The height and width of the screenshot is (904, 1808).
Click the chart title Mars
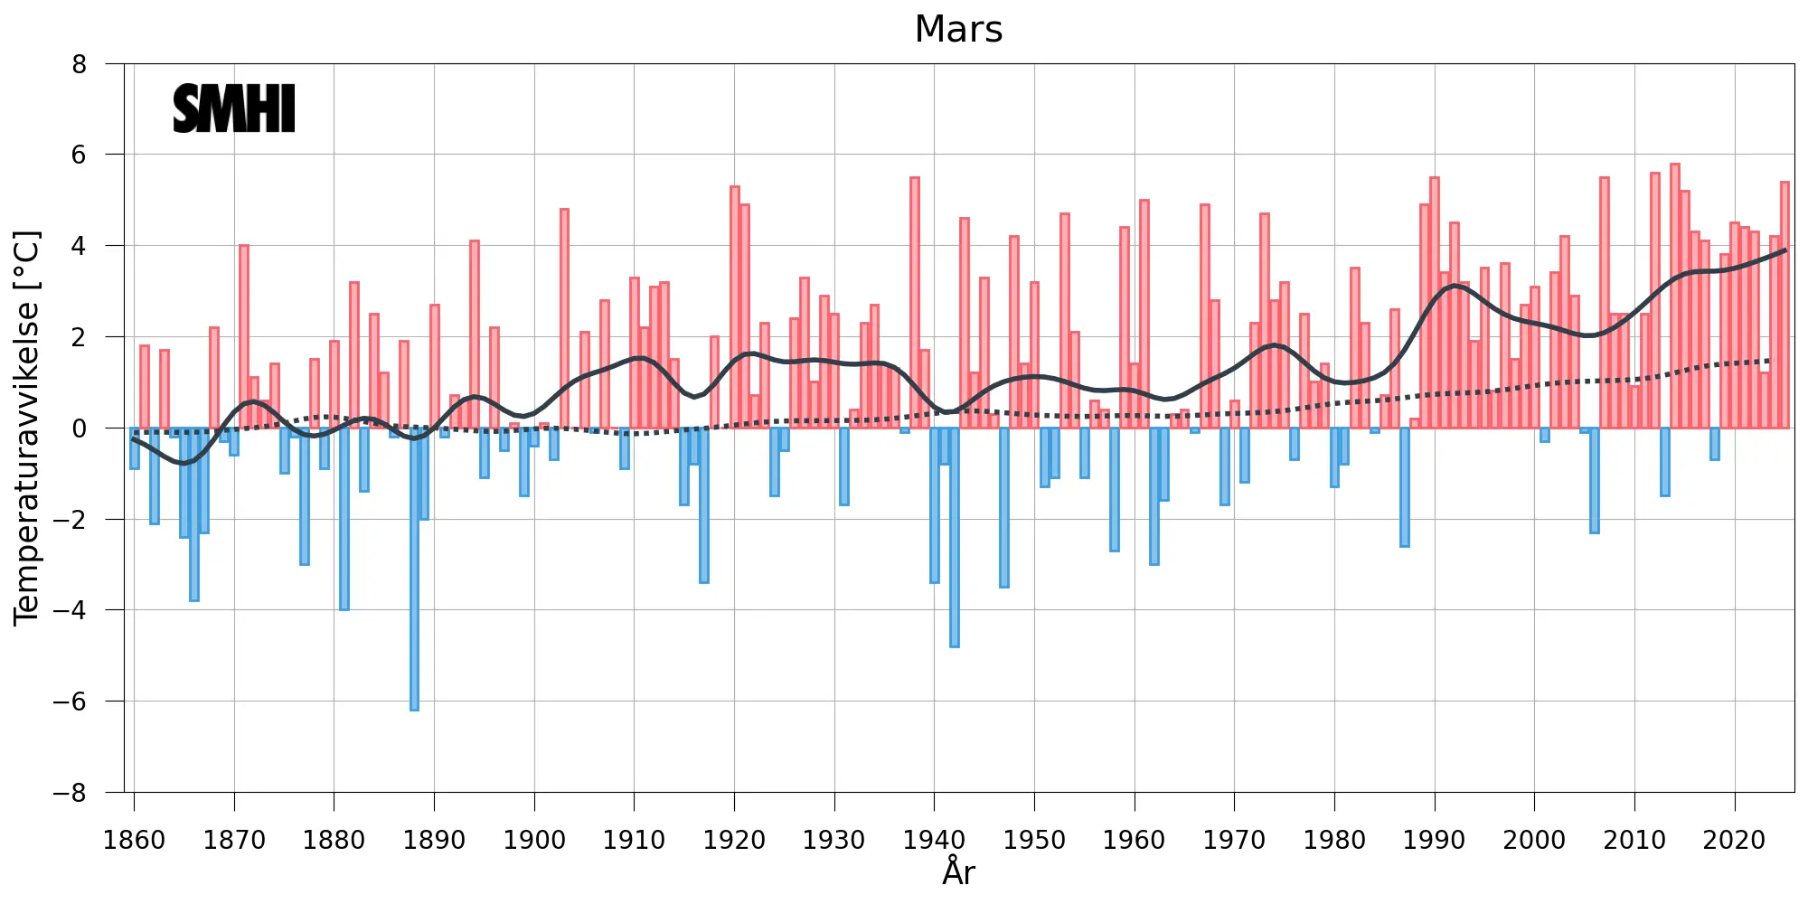(x=958, y=29)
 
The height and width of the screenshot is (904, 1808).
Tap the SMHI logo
(x=234, y=108)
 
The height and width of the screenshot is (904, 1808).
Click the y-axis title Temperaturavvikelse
(x=27, y=428)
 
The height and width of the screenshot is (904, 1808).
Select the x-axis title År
(x=958, y=871)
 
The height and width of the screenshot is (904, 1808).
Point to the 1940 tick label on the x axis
(x=934, y=840)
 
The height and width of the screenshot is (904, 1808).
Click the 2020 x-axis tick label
(x=1734, y=840)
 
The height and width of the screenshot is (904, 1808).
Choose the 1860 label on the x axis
(x=135, y=840)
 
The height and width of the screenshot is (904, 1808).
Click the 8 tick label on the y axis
(x=80, y=64)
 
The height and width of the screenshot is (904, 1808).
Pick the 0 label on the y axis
(x=80, y=428)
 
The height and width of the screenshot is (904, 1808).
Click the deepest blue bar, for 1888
(x=414, y=569)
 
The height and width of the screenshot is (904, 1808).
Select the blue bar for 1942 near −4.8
(x=955, y=537)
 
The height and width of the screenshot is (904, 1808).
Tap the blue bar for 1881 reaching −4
(x=344, y=519)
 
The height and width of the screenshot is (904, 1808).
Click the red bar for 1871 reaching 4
(x=244, y=336)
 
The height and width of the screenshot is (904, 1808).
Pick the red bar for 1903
(x=564, y=318)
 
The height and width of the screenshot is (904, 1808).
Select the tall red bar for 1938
(x=915, y=303)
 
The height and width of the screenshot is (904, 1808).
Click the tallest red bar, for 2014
(x=1674, y=296)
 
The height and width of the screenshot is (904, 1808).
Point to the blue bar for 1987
(x=1405, y=487)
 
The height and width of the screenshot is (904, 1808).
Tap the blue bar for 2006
(x=1595, y=480)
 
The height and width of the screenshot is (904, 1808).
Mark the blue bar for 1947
(x=1004, y=507)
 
